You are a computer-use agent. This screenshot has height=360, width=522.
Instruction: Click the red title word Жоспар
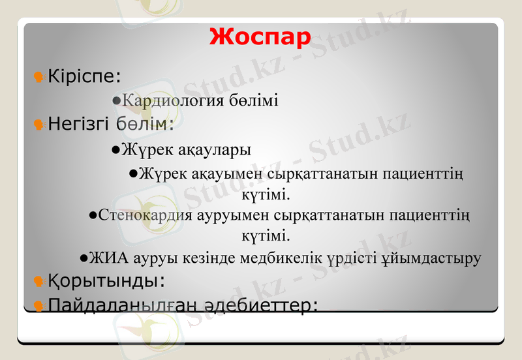coord(260,37)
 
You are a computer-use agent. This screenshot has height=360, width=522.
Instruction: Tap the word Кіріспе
coord(82,77)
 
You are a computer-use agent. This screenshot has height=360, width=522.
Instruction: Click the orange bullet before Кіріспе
coord(38,77)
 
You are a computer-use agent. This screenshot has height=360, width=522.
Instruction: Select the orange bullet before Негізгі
coord(38,124)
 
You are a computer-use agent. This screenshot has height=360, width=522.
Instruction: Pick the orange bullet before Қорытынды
coord(38,281)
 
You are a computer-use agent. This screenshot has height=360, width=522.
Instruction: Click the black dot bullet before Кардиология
coord(115,101)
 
